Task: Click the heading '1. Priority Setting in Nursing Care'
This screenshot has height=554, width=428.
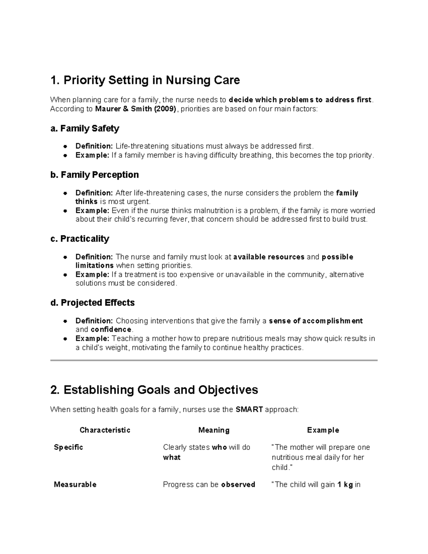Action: point(145,80)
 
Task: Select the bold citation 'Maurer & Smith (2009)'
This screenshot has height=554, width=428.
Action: point(136,109)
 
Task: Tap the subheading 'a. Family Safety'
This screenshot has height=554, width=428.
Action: point(85,128)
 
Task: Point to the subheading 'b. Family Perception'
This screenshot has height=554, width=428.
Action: point(95,175)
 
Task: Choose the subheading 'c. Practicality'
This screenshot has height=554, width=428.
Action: point(80,239)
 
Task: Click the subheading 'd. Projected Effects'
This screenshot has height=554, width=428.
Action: point(93,303)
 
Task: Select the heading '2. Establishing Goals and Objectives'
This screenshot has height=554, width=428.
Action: point(154,390)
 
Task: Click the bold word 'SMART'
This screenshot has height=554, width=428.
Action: point(249,410)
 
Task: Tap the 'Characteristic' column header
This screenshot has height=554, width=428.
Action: point(105,430)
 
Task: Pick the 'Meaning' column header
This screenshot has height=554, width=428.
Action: point(214,430)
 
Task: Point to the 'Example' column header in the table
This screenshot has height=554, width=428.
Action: point(323,430)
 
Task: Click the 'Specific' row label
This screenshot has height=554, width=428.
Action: point(68,447)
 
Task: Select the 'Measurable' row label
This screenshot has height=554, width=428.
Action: point(75,484)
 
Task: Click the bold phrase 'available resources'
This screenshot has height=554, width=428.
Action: point(269,257)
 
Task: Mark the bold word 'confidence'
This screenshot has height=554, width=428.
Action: point(111,329)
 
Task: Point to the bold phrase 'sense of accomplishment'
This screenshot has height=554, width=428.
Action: point(316,321)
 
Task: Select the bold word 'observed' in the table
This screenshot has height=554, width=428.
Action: point(238,484)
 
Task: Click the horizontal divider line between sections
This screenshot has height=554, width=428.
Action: point(214,360)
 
